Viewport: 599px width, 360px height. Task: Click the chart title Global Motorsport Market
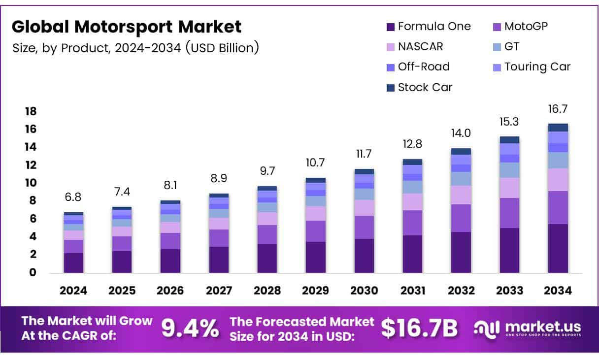(x=127, y=27)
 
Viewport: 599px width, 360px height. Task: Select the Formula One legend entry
(x=429, y=26)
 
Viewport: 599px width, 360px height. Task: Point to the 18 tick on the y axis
(x=31, y=111)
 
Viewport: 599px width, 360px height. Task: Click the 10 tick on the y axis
(x=31, y=183)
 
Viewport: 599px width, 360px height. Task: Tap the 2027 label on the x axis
(x=218, y=291)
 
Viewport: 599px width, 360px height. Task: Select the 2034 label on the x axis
(x=558, y=291)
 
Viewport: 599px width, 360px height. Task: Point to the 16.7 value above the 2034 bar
(x=558, y=109)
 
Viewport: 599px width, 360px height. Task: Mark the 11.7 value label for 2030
(x=364, y=154)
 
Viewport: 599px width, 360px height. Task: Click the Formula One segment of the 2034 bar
(x=558, y=248)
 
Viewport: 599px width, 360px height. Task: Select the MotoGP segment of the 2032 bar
(x=461, y=218)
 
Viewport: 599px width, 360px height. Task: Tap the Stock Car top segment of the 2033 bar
(x=509, y=139)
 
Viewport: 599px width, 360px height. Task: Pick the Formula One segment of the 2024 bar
(x=73, y=262)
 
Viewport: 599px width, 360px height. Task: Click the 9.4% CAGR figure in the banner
(x=190, y=328)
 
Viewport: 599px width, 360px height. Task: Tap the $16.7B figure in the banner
(x=419, y=328)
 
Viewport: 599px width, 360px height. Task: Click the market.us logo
(x=528, y=328)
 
